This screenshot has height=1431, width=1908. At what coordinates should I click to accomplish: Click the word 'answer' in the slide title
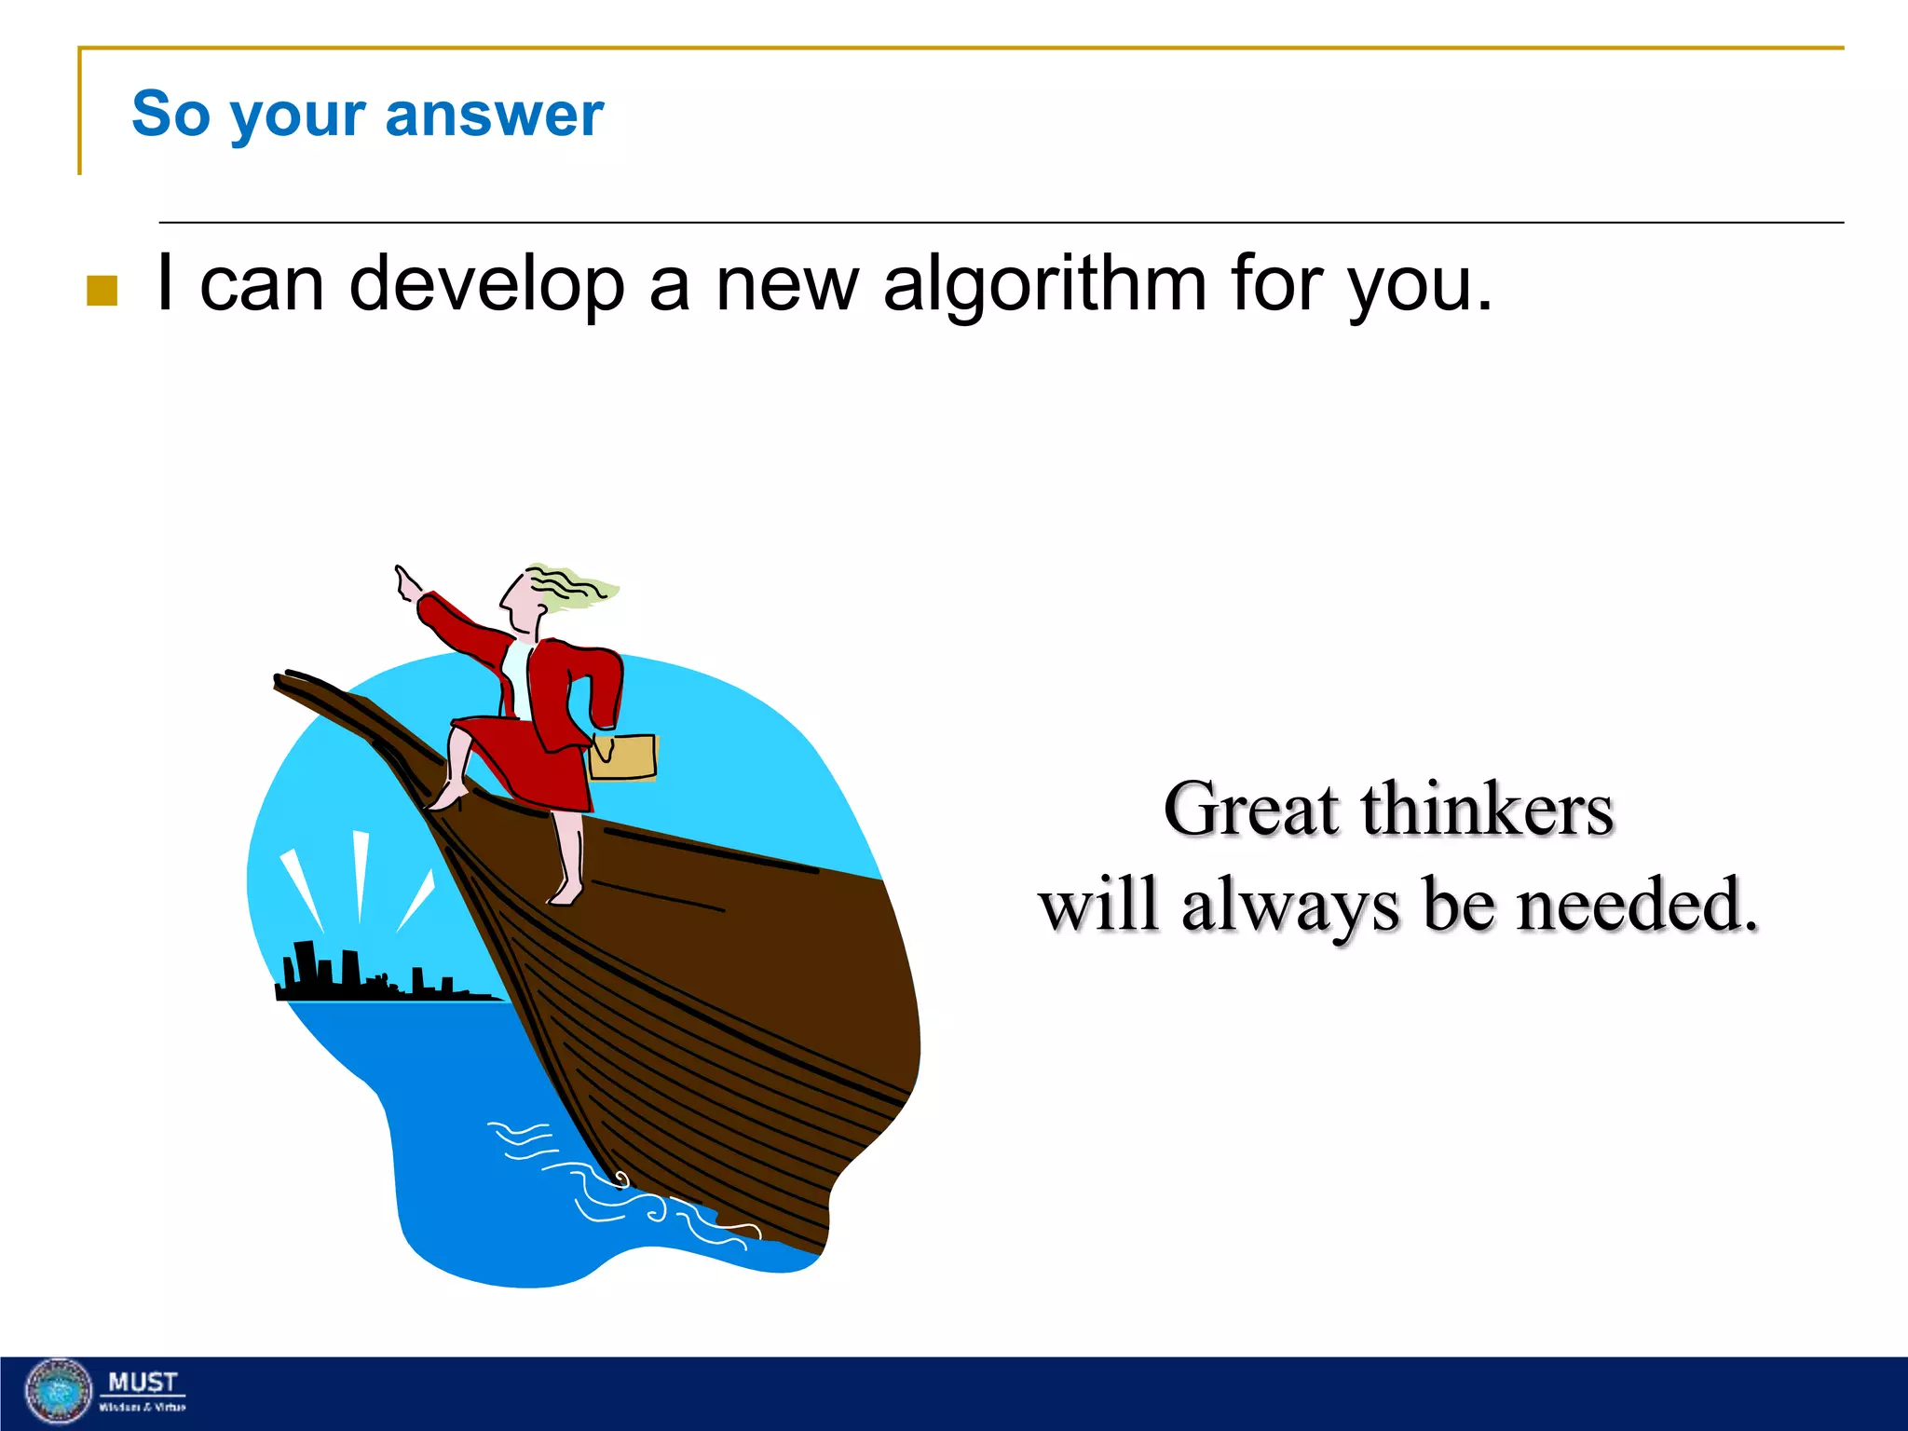coord(494,115)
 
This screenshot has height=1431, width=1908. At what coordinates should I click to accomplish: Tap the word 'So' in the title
coord(170,114)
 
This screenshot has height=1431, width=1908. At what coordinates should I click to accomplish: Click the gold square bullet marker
coord(102,291)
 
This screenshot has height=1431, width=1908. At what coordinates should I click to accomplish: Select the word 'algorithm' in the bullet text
coord(1044,283)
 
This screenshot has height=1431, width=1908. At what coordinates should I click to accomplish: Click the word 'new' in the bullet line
coord(786,283)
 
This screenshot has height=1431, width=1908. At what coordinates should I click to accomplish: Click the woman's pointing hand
coord(407,584)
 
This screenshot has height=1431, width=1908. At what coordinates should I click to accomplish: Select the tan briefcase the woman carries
coord(623,756)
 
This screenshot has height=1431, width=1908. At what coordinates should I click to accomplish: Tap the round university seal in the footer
coord(59,1392)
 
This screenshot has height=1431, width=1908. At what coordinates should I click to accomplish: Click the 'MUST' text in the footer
coord(142,1382)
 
